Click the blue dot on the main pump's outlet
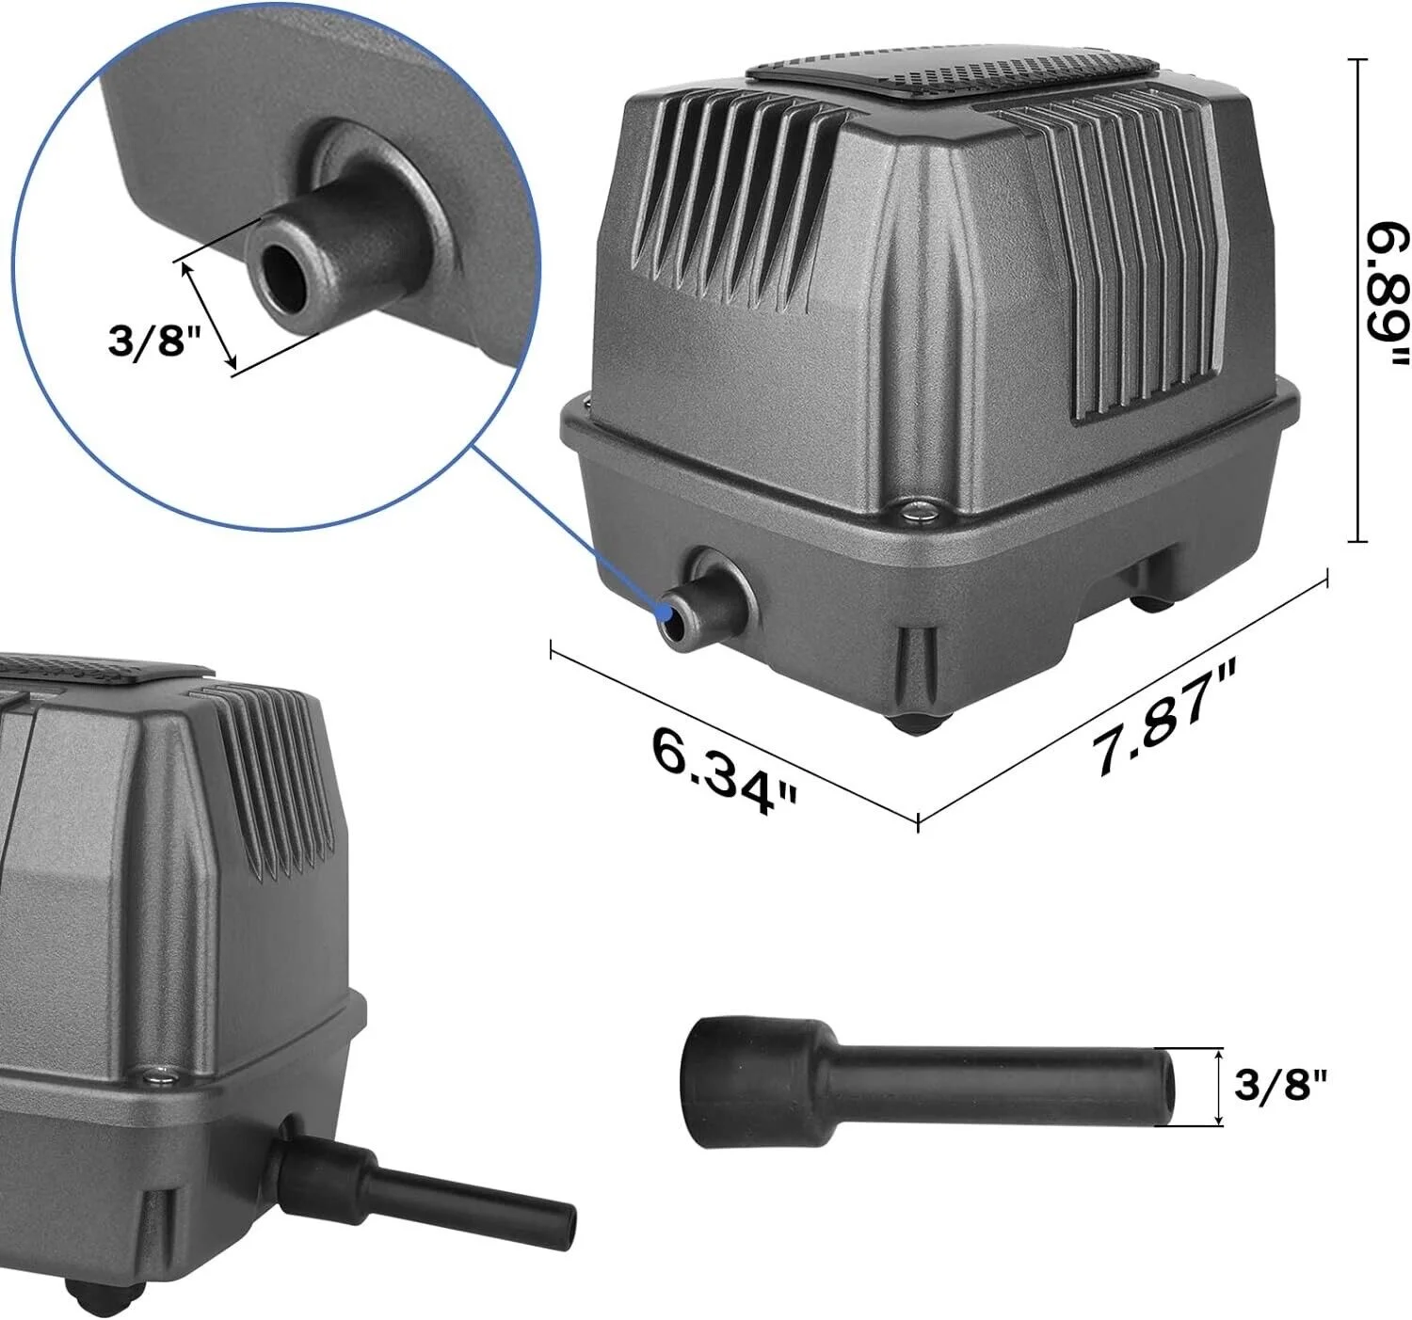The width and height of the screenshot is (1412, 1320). point(668,612)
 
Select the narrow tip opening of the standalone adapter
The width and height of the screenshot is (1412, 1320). point(1167,1087)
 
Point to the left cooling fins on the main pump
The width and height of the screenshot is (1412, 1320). point(734,198)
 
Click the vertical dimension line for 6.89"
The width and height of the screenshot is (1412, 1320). point(1356,301)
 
